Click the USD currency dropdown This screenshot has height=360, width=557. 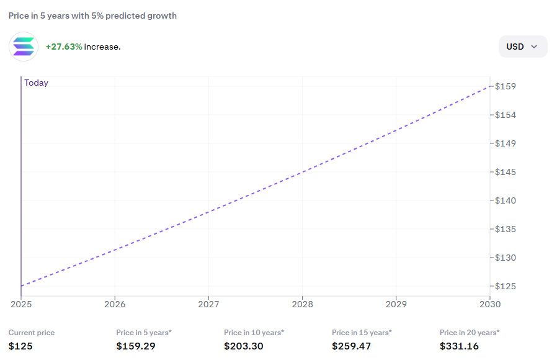pos(522,47)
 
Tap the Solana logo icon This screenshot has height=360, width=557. pos(24,47)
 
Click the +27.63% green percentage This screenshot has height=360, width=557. pos(64,47)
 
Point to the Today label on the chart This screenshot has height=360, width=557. pos(36,83)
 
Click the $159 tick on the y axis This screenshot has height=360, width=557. pos(506,86)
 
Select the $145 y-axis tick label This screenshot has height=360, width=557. pos(506,172)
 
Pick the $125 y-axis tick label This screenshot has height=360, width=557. pos(506,286)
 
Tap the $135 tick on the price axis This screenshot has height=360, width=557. pos(506,229)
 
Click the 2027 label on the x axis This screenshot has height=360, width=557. pos(208,304)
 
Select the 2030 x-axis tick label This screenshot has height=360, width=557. pos(490,304)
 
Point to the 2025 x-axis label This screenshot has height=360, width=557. pos(21,304)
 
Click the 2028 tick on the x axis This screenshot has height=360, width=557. pos(302,304)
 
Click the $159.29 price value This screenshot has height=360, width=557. pos(135,346)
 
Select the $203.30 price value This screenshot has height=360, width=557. pos(244,346)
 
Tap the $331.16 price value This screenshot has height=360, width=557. pos(459,346)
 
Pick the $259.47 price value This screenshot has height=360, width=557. pos(351,346)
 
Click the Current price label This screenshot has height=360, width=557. pos(32,333)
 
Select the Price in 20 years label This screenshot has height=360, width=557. pos(469,333)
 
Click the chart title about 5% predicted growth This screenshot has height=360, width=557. pos(92,16)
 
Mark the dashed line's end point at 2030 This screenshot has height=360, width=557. pos(489,86)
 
